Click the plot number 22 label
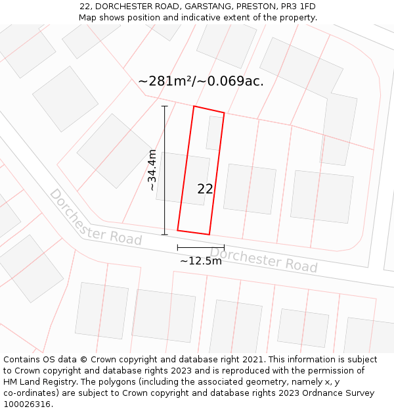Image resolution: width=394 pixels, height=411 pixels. [205, 189]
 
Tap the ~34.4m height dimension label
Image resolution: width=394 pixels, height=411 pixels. [152, 170]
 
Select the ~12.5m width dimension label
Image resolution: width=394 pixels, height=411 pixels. [201, 260]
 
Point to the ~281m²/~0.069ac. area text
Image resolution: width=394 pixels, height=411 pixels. [201, 81]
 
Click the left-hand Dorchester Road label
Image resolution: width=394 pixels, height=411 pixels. [95, 217]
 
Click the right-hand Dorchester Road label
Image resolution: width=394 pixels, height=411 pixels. [263, 260]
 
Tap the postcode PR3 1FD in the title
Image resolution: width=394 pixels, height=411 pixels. [296, 7]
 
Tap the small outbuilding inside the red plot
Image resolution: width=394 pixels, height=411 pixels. [214, 133]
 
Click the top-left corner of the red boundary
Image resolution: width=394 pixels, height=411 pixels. [194, 107]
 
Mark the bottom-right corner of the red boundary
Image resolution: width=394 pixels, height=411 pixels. [209, 234]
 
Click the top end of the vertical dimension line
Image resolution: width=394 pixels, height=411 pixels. [164, 106]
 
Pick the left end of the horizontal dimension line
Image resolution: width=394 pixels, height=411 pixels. [177, 247]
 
